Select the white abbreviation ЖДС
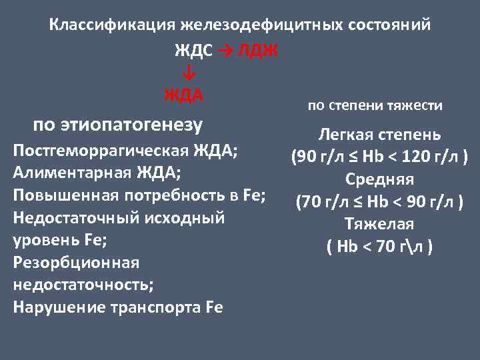coord(193,51)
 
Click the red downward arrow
coord(188,71)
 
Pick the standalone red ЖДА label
coord(184,94)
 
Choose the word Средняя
coord(379,180)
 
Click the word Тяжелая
coord(379,225)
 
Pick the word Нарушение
coord(55,307)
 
